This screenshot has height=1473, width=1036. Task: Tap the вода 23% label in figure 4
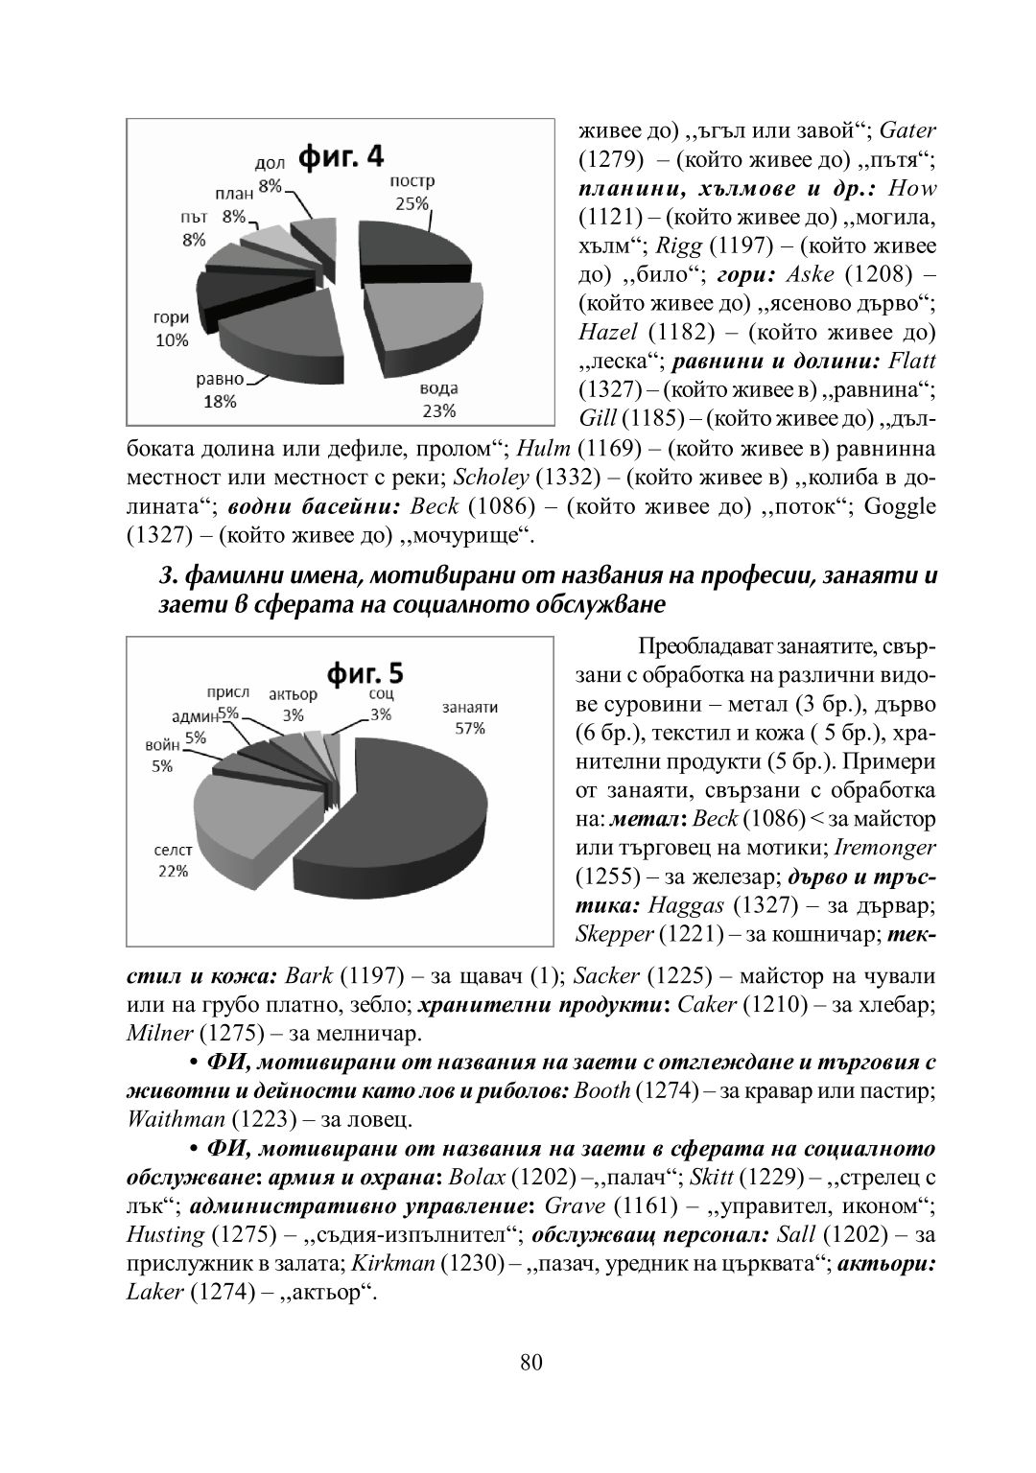(438, 400)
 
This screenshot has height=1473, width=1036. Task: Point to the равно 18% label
(220, 390)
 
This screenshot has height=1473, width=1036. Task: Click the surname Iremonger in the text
(884, 848)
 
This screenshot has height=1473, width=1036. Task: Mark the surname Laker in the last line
(153, 1292)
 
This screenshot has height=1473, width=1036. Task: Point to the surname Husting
(165, 1234)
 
